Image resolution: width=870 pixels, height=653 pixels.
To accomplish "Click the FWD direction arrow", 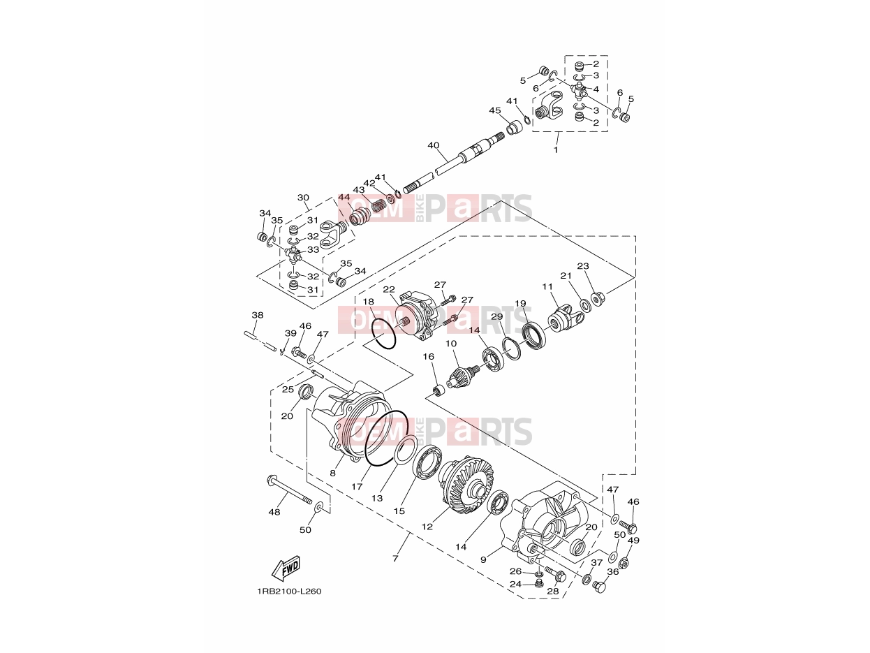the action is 285,568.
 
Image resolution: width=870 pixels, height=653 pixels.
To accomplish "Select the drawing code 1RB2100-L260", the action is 289,592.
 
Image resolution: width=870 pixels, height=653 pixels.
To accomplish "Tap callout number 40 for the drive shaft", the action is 433,145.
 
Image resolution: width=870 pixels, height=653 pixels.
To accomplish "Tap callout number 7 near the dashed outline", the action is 395,558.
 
